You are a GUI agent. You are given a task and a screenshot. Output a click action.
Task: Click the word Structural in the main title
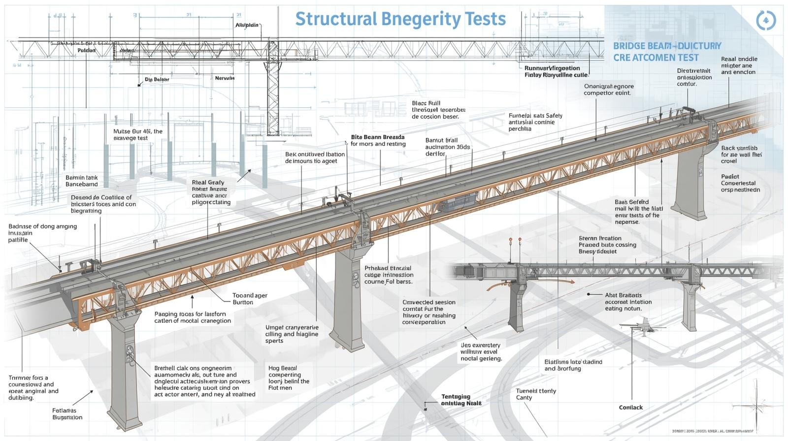point(335,19)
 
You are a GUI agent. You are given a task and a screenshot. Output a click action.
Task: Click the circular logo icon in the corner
point(766,20)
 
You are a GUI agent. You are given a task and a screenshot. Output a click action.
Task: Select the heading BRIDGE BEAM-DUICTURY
point(667,46)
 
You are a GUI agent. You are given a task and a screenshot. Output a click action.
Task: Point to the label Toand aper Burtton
point(250,299)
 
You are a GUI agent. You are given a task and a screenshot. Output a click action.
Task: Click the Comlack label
point(631,408)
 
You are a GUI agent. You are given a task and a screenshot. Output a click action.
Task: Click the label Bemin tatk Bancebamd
point(82,181)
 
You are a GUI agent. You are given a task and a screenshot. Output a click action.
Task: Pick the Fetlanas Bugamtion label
point(67,413)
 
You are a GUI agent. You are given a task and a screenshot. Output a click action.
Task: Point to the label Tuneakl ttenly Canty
point(536,394)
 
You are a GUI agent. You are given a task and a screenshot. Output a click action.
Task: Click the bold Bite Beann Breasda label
point(377,137)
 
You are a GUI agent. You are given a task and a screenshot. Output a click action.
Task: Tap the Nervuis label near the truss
point(225,78)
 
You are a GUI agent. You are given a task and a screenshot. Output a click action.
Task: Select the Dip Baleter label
point(157,79)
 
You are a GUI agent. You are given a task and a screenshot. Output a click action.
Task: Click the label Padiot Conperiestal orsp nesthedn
point(740,183)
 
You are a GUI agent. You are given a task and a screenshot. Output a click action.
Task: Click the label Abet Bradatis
point(623,295)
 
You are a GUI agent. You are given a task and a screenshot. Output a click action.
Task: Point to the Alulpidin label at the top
point(247,25)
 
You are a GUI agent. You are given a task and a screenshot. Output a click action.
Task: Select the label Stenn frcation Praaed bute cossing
point(607,245)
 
